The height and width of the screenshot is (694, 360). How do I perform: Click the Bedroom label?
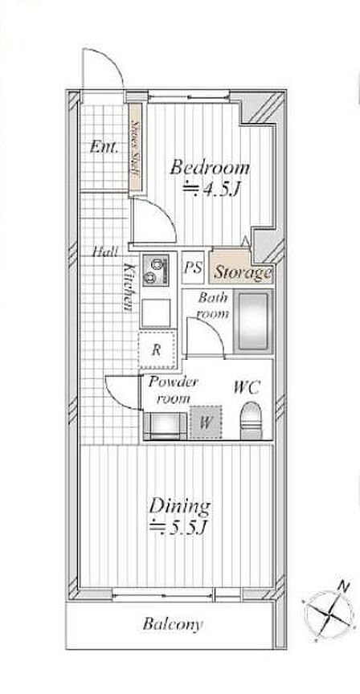pos(210,169)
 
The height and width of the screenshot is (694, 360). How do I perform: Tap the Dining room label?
pos(179,506)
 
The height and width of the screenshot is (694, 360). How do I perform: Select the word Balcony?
pos(173,624)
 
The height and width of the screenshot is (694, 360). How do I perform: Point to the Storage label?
pos(242,272)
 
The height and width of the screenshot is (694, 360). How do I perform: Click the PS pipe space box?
pos(194,267)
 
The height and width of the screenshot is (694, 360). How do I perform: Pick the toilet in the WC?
pos(251,419)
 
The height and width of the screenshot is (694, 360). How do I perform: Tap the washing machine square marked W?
pos(205,423)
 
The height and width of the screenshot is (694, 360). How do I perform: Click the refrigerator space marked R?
pos(157,350)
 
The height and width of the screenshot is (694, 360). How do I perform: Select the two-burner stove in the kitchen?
pos(156,270)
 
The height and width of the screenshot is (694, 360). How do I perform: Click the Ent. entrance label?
pos(104,146)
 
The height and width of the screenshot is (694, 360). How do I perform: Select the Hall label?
pos(105,253)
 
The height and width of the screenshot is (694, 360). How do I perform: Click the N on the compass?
pos(342,586)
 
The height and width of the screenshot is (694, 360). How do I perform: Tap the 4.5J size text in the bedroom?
pos(211,190)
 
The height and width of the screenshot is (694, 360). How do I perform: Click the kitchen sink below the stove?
pos(156,312)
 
